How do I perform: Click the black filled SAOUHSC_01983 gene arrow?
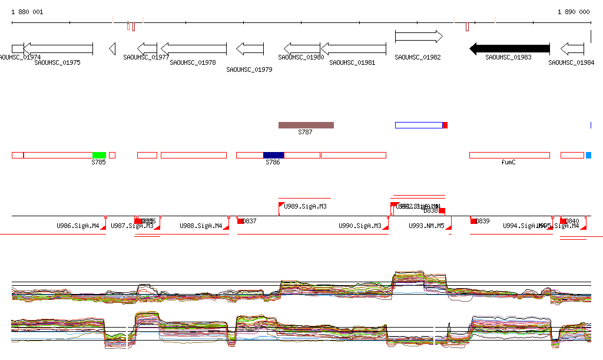[509, 49]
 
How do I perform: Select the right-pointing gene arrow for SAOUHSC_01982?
[418, 37]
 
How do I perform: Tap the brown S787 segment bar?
[306, 125]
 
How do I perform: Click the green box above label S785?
[99, 155]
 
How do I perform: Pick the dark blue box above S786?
[273, 155]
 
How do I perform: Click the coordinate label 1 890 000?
[574, 12]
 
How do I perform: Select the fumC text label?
[508, 162]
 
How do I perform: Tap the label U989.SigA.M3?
[305, 207]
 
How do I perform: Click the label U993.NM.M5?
[426, 226]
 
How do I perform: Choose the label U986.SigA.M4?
[78, 226]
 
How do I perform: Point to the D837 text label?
[250, 221]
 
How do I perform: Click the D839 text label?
[483, 221]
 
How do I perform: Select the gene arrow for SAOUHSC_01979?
[250, 49]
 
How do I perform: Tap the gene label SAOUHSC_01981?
[352, 62]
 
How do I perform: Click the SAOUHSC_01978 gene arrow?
[194, 49]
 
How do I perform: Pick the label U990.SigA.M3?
[360, 226]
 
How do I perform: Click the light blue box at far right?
[588, 155]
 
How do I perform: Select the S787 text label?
[305, 133]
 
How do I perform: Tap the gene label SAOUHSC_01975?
[57, 62]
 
